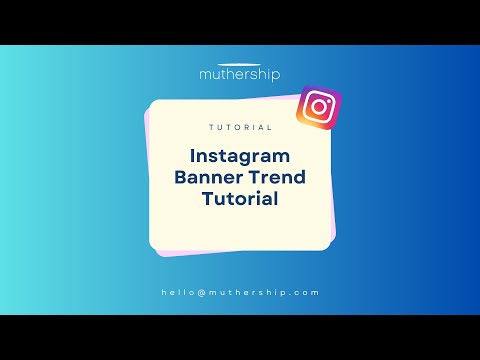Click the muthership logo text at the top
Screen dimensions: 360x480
coord(240,75)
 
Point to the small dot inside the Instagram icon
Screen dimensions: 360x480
coord(327,99)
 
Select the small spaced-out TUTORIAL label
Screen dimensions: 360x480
coord(240,128)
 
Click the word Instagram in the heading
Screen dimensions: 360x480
coord(240,157)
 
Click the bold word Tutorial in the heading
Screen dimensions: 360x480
coord(240,199)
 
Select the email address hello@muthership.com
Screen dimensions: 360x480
coord(240,292)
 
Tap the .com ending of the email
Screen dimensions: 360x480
coord(306,292)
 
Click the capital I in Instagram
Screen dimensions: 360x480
coord(193,157)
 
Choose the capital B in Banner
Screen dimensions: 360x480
coord(182,178)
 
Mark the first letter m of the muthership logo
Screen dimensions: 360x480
coord(206,75)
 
